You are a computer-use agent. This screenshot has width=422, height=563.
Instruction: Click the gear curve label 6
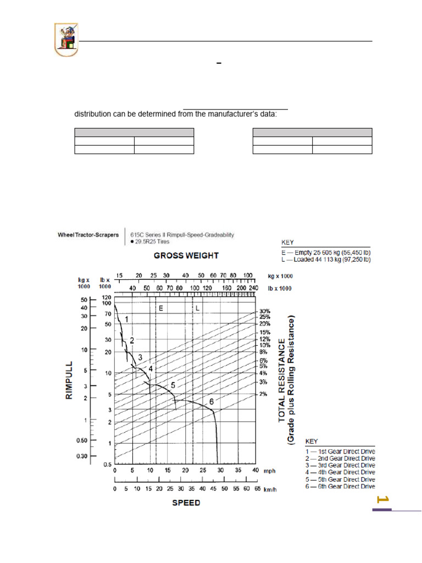click(x=211, y=402)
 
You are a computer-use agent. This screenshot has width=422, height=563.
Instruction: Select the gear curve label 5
click(x=173, y=385)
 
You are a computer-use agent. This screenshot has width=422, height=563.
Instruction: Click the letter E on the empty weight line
click(x=161, y=309)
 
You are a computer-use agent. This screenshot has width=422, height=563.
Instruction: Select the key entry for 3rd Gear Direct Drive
click(x=340, y=465)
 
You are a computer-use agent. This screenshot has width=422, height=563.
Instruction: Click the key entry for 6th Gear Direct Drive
click(x=340, y=486)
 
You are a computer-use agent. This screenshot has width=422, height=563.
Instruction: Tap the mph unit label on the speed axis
click(x=269, y=471)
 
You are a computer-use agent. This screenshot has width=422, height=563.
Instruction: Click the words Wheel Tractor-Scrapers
click(x=88, y=235)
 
